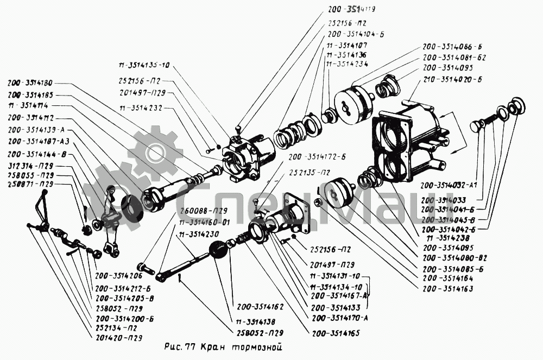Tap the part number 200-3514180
(x=30, y=83)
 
